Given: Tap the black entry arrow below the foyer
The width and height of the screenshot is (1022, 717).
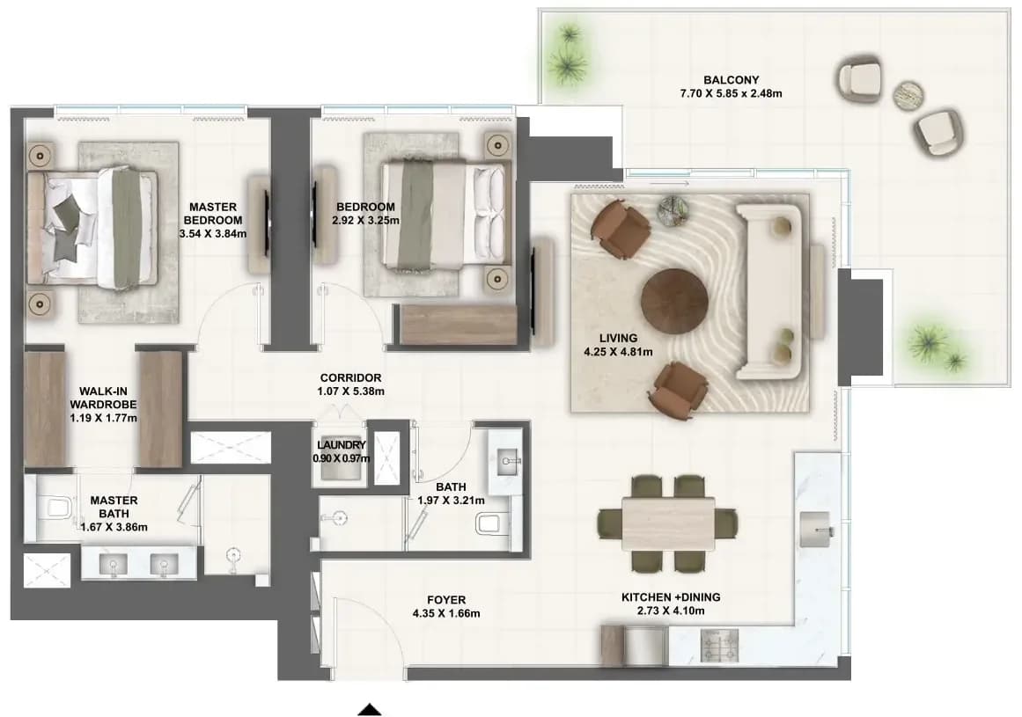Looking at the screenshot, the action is pos(370,710).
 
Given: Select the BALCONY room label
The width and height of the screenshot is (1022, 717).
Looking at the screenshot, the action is pos(732,80).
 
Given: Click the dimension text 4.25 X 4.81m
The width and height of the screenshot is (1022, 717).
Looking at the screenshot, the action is pos(618,352).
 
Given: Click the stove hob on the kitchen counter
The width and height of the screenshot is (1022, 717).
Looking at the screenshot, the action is pos(719,646).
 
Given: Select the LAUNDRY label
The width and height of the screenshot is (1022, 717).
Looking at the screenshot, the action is pos(341,445).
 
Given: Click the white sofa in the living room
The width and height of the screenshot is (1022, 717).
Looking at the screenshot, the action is pos(769,291).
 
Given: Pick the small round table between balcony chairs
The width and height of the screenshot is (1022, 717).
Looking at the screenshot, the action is pos(908,95).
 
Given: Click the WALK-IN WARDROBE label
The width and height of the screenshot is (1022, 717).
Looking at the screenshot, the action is pos(103,398).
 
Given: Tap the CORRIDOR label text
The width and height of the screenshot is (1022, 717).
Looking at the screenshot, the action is pos(350,377).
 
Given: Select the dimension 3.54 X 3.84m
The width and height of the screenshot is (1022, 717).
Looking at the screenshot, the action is pos(212,234).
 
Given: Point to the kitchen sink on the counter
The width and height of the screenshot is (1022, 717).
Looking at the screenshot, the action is pos(815,529).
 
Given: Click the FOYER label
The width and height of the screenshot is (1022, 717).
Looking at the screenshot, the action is pos(446,600).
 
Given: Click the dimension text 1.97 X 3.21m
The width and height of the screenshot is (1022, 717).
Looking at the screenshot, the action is pos(451,501).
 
